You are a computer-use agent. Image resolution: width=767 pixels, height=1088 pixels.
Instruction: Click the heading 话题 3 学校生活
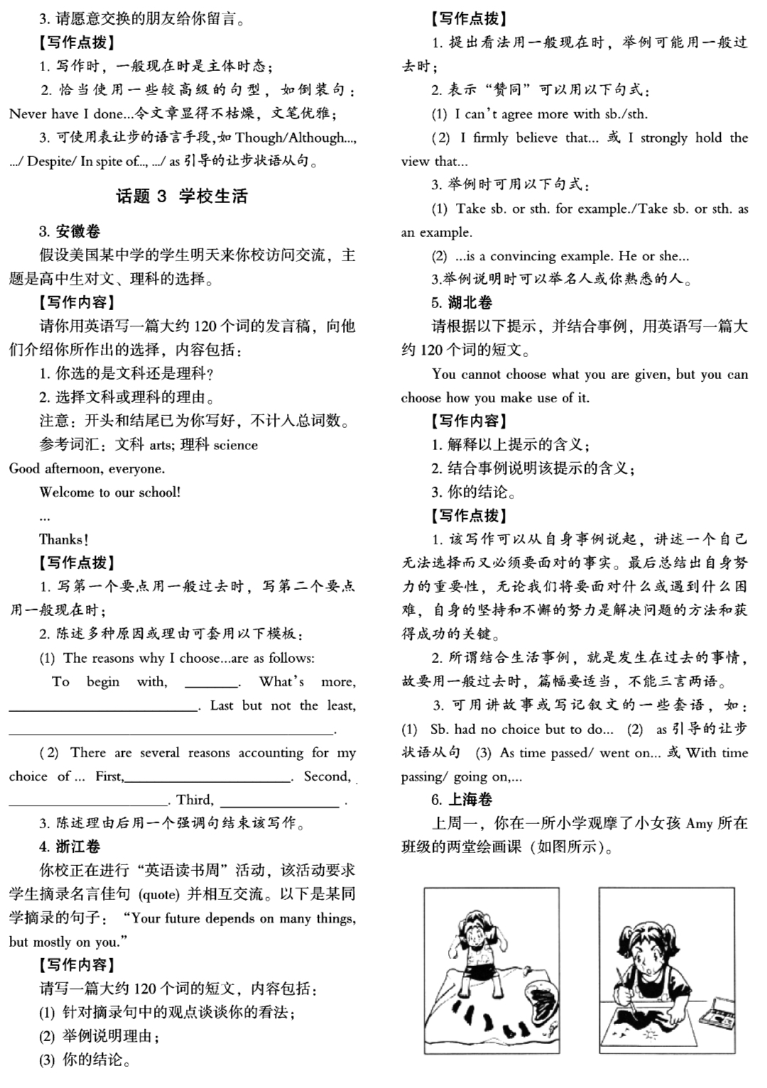182,196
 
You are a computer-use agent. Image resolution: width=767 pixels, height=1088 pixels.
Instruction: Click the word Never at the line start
28,114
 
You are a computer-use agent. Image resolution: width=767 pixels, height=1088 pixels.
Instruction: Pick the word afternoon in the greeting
74,468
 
